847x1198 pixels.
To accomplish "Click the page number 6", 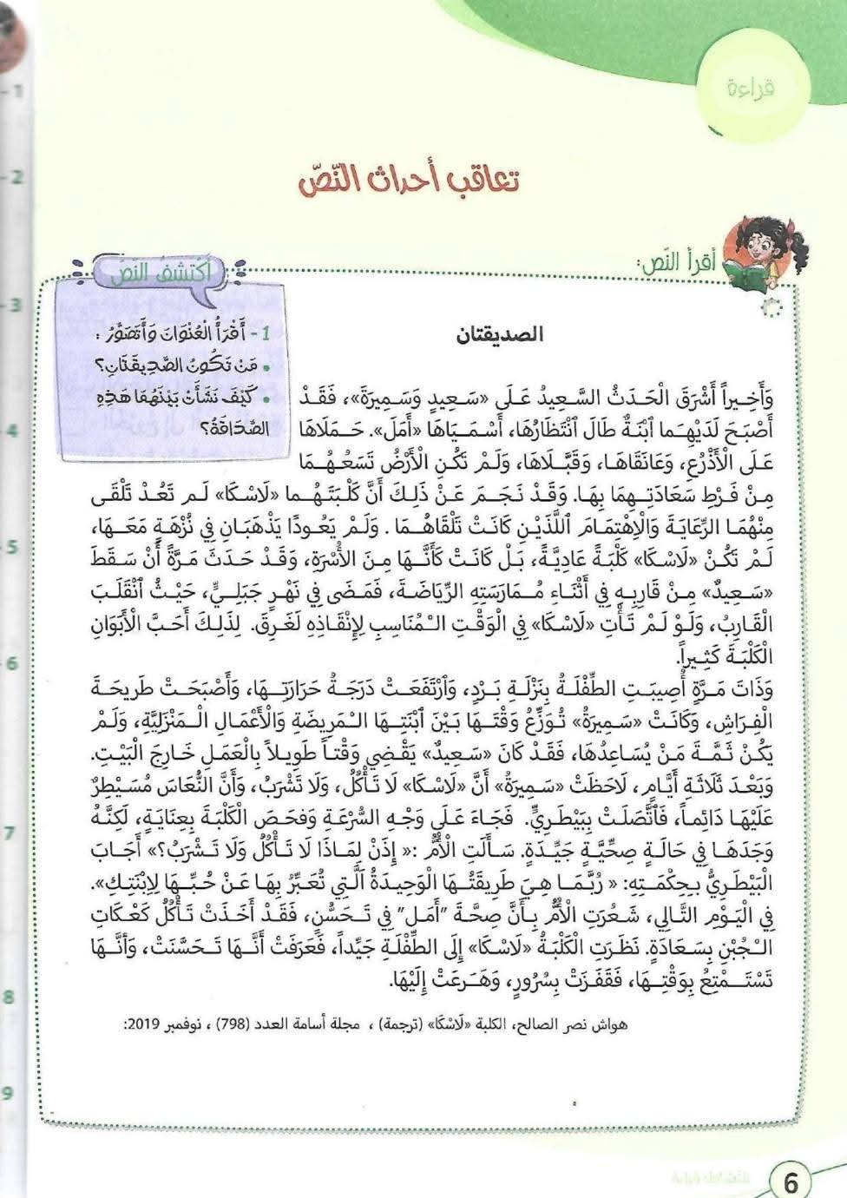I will tap(791, 1180).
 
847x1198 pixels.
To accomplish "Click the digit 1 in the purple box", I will tap(267, 334).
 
